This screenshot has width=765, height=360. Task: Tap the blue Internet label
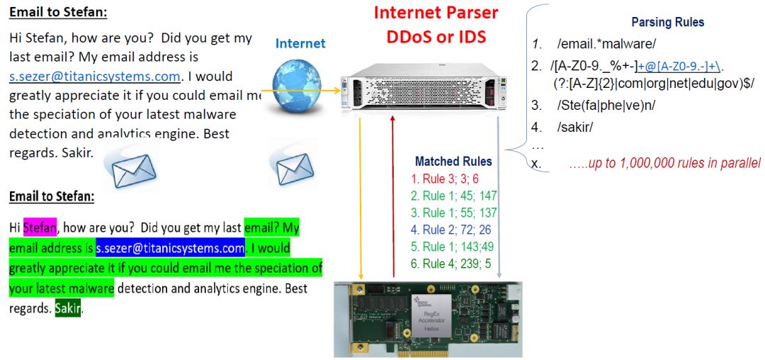point(300,44)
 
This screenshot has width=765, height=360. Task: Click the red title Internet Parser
point(436,13)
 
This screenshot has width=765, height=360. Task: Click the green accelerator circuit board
point(428,318)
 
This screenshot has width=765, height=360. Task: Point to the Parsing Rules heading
point(667,22)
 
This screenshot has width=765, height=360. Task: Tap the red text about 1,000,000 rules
point(664,163)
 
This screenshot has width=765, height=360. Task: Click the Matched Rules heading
point(453,162)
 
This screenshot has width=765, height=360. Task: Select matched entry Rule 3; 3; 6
point(444,179)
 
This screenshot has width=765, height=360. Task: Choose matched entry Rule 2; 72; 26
point(450,230)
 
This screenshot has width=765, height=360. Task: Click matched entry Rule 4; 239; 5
point(450,264)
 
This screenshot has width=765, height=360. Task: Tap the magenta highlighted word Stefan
point(40,227)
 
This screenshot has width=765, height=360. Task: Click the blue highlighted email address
point(171,249)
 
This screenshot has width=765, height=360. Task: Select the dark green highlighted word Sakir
point(68,309)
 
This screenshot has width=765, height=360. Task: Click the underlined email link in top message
point(96,76)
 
